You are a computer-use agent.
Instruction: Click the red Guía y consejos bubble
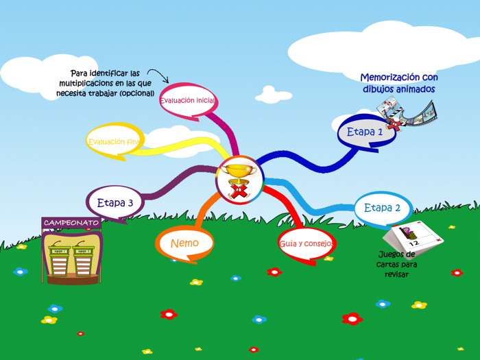pos(306,243)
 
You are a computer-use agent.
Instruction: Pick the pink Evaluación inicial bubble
pos(188,101)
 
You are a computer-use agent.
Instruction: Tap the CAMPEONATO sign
pos(71,223)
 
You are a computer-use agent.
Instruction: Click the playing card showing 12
pos(413,237)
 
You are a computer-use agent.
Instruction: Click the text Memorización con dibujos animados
pos(398,84)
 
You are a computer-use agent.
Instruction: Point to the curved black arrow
pos(158,75)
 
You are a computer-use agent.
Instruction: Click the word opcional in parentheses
pos(136,93)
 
